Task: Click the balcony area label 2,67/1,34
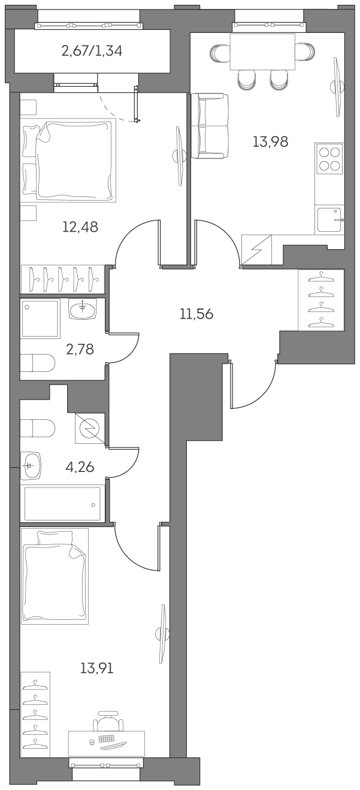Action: (92, 51)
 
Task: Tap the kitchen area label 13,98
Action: (270, 142)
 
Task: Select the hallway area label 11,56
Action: (196, 314)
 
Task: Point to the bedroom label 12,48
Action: (80, 227)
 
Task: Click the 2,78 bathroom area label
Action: (81, 349)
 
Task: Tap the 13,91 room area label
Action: (96, 668)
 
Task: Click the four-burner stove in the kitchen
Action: (329, 158)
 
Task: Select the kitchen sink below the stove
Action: (329, 219)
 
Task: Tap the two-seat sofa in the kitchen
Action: (210, 126)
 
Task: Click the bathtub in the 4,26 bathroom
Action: (62, 504)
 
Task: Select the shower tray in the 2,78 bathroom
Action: (41, 319)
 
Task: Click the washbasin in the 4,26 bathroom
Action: (32, 466)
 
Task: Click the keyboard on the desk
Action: (108, 738)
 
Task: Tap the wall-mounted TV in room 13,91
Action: (163, 633)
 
